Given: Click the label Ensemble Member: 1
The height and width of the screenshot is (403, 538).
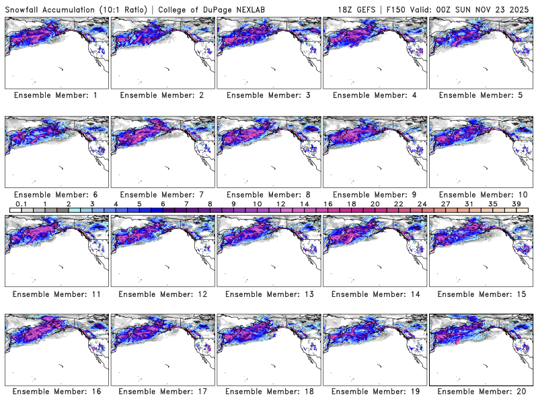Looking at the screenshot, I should [x=56, y=95].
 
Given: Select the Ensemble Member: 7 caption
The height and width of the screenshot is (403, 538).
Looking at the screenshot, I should [x=161, y=195].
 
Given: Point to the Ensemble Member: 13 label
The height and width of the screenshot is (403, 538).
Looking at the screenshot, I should [x=268, y=294].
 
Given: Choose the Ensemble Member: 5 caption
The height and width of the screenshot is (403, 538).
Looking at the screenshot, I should [x=480, y=95].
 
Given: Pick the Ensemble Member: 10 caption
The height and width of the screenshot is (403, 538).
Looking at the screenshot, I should [x=480, y=195].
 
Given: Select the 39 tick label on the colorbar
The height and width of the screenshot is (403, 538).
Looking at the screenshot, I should [x=516, y=204].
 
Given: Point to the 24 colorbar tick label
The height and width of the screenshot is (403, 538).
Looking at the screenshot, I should [x=422, y=204].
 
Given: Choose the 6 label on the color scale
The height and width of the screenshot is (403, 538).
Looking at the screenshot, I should [x=163, y=204].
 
